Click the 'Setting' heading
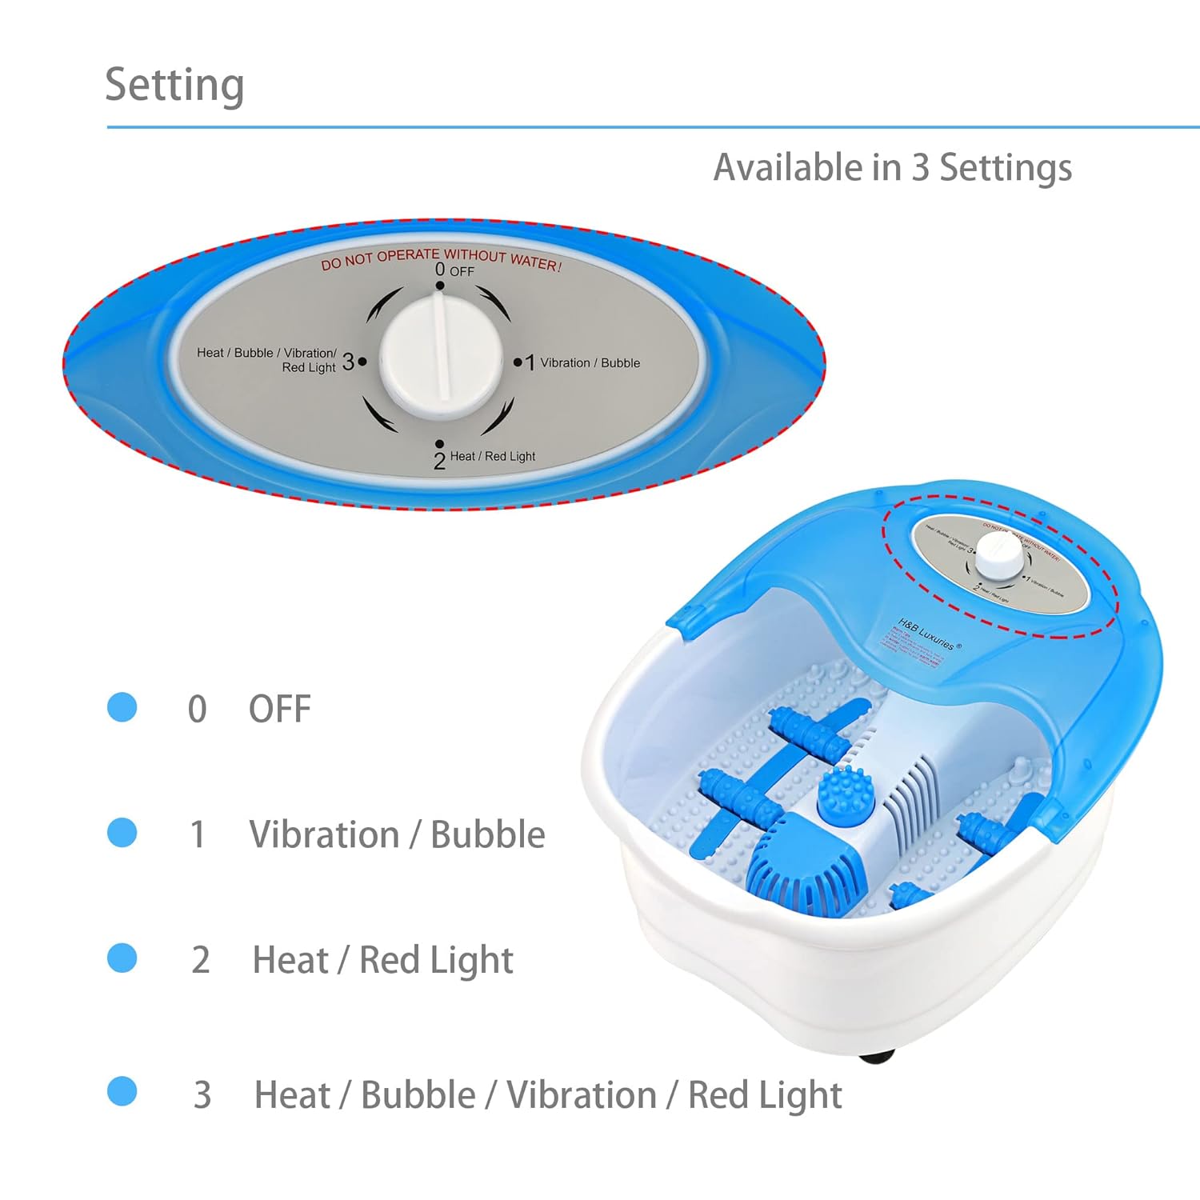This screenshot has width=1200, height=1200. [174, 85]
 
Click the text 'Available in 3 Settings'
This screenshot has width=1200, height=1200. [892, 168]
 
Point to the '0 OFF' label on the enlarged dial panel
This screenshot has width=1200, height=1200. [454, 270]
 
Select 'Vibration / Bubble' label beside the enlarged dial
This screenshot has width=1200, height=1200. [590, 363]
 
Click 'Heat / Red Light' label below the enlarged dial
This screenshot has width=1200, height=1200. [492, 457]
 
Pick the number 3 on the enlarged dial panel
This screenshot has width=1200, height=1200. [348, 362]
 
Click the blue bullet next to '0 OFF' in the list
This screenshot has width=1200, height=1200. [122, 707]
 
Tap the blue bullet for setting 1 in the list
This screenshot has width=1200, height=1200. [122, 832]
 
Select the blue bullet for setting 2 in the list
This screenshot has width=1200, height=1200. [122, 958]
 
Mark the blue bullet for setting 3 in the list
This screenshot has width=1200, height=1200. [122, 1091]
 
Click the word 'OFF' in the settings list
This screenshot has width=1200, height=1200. [279, 709]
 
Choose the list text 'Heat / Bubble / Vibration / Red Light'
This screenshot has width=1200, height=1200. [548, 1095]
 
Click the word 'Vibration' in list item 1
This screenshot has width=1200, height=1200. [324, 834]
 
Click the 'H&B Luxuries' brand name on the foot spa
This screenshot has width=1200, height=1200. [926, 633]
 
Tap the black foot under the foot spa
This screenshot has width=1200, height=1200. [876, 1057]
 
